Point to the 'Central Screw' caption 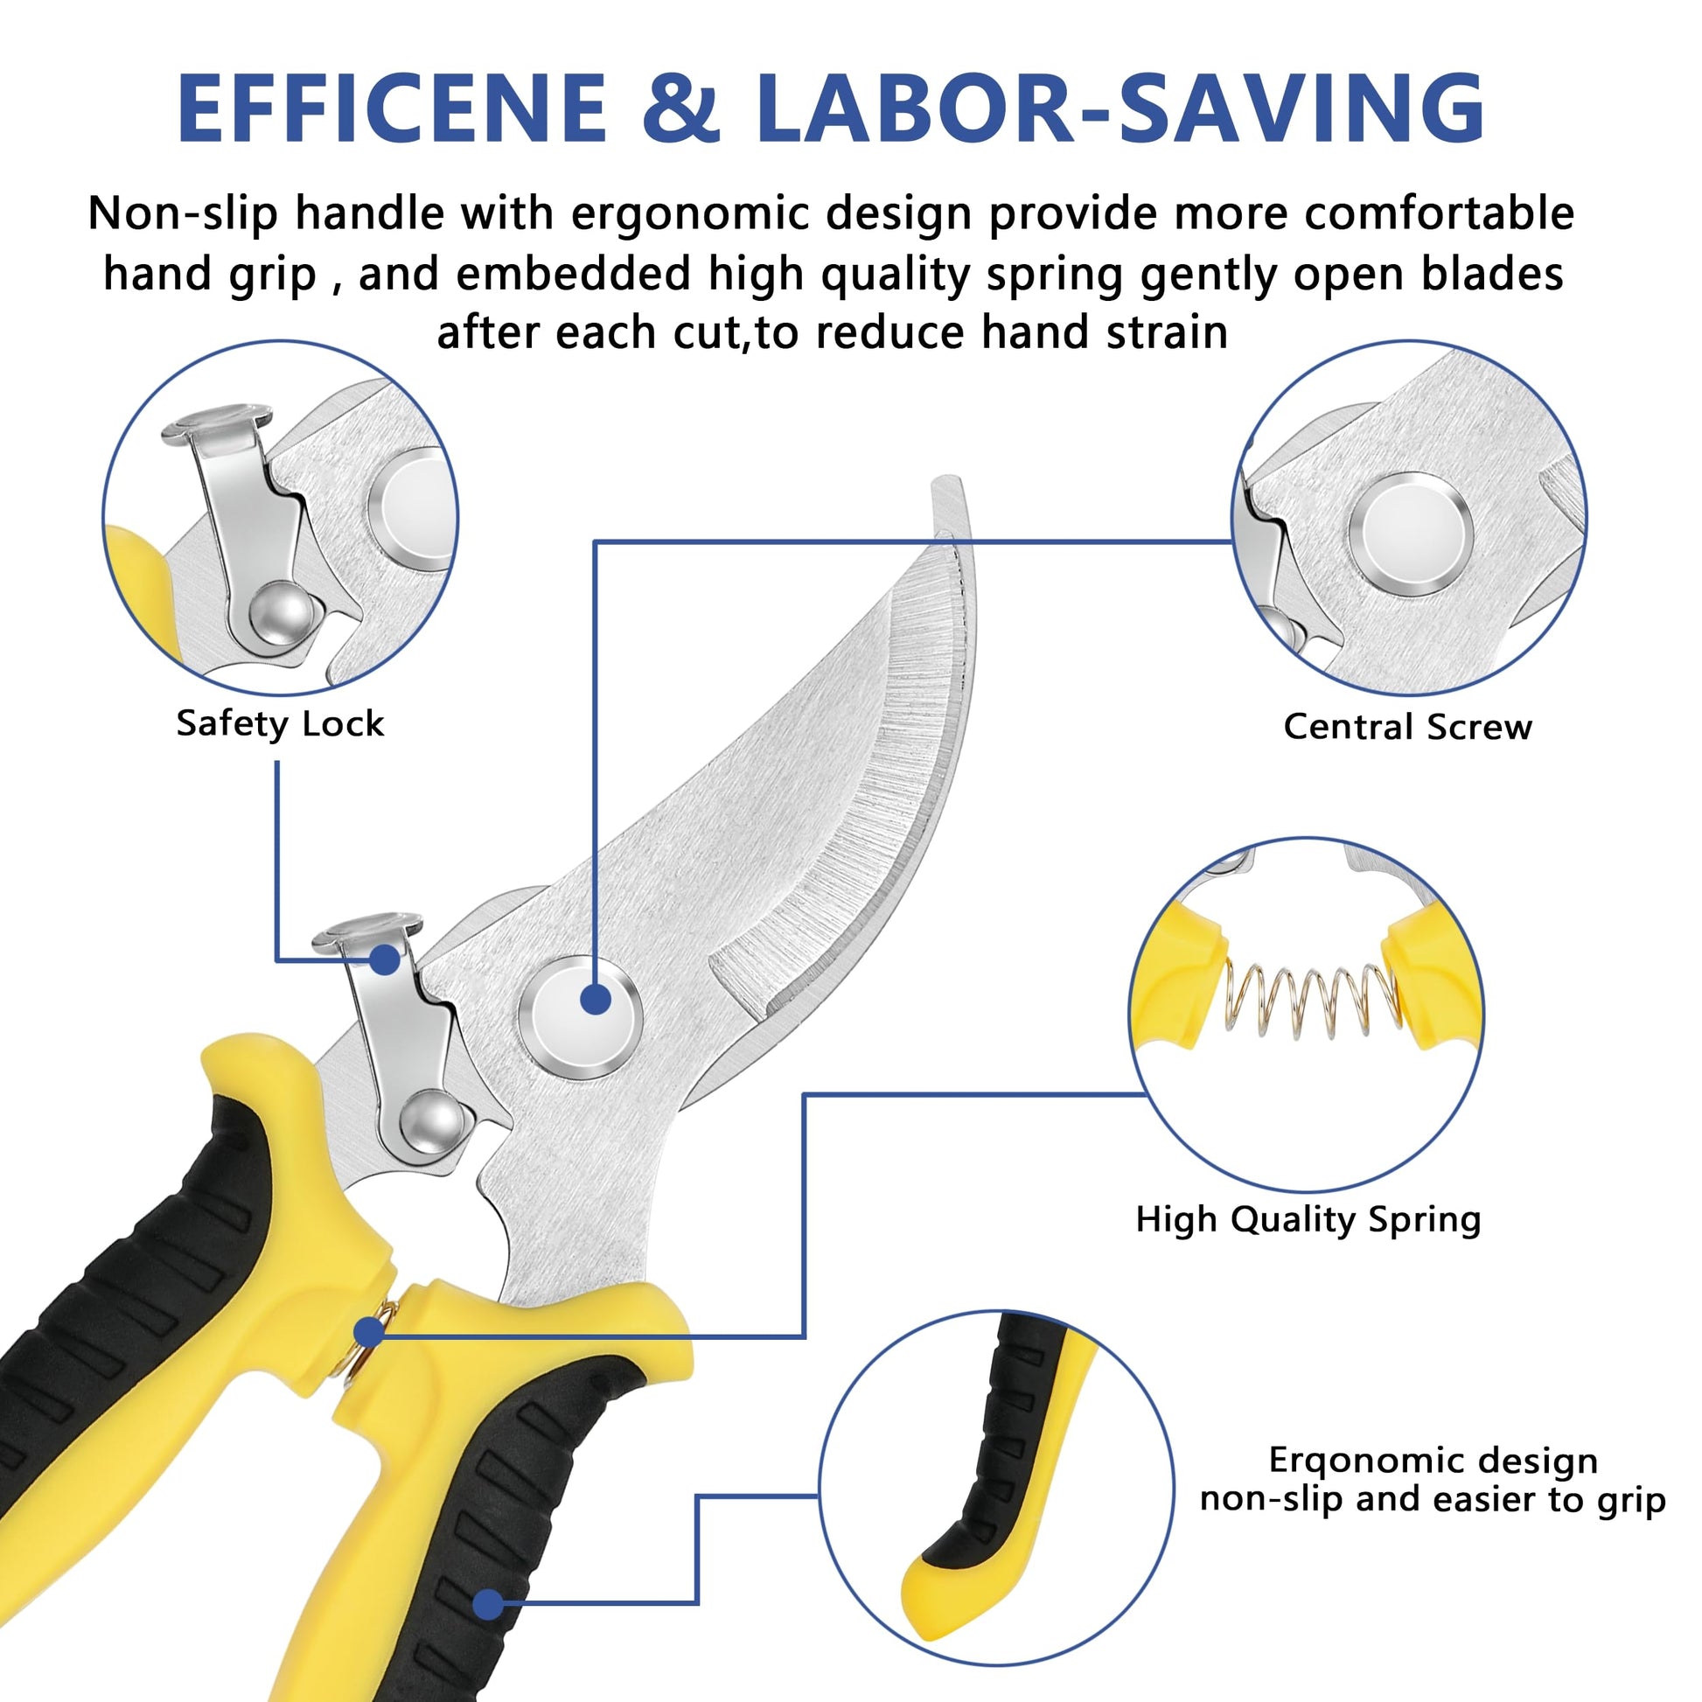(1408, 728)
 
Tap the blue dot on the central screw (596, 999)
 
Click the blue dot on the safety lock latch (384, 959)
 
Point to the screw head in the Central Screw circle (1412, 534)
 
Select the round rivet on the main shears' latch (431, 1120)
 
